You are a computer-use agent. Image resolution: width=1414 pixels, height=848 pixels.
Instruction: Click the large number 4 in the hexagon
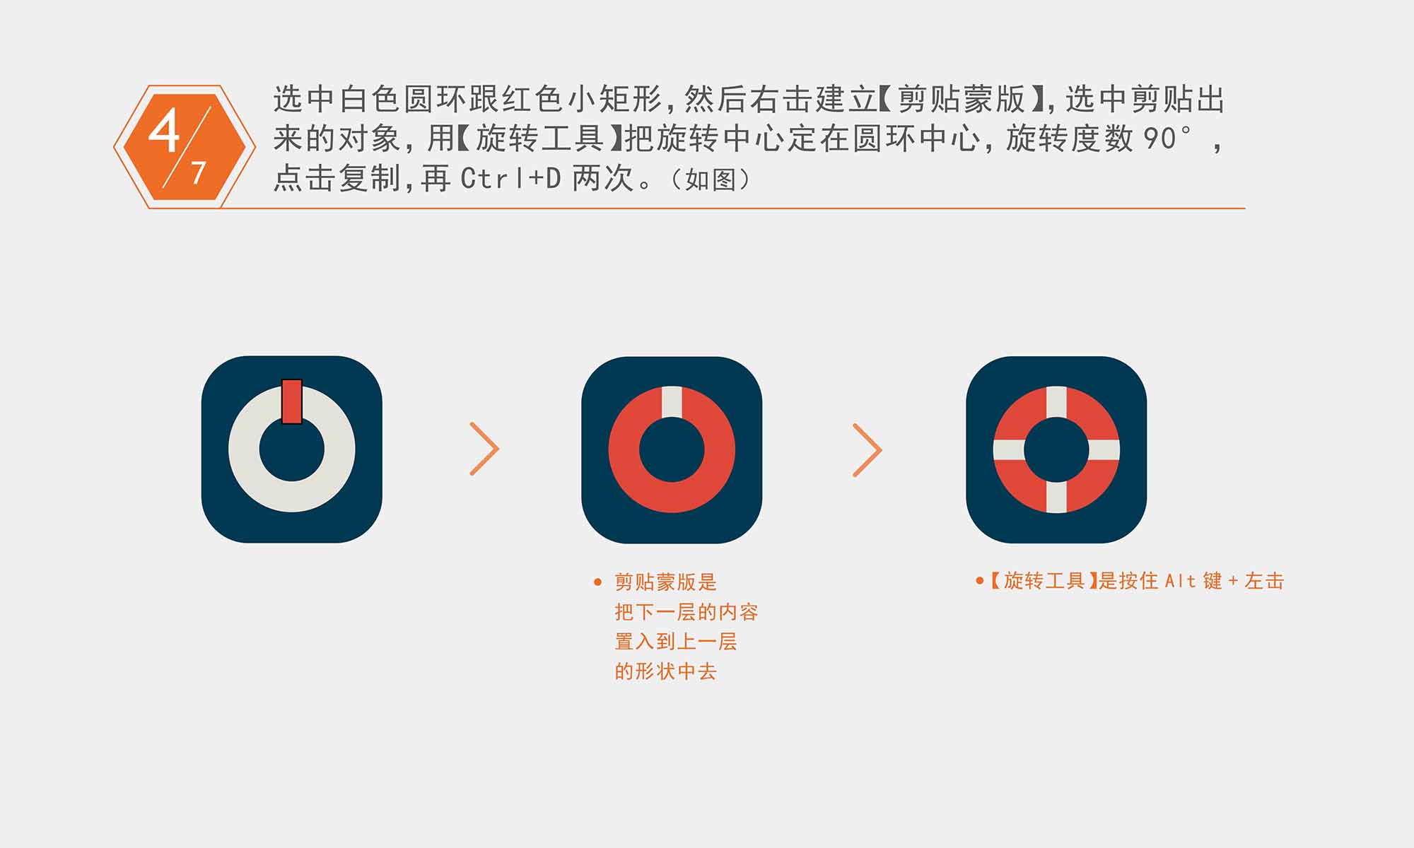coord(163,131)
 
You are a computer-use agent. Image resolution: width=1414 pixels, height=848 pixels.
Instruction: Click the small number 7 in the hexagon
coord(199,172)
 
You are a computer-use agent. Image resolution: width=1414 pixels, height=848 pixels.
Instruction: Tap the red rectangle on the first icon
coord(292,401)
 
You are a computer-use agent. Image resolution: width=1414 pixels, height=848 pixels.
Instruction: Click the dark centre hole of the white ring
coord(292,449)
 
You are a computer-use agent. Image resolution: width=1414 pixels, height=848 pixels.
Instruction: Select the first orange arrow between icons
coord(485,449)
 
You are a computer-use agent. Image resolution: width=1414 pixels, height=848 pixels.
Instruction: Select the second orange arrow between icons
coord(867,450)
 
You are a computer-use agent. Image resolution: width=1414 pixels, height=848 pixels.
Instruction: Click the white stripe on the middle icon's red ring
coord(672,402)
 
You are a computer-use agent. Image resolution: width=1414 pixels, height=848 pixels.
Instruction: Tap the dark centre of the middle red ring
coord(672,449)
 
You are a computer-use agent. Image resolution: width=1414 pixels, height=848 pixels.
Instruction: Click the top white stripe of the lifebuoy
coord(1056,402)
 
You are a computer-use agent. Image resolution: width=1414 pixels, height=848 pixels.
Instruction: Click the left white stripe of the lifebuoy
coord(1009,449)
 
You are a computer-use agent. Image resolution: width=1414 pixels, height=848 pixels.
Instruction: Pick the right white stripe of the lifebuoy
coord(1104,449)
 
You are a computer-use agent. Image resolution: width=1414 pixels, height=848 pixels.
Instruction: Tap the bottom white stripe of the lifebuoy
coord(1056,497)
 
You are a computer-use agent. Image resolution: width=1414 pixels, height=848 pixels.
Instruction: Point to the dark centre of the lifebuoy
coord(1056,449)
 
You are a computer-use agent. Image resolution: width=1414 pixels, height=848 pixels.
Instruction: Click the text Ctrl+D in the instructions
coord(510,179)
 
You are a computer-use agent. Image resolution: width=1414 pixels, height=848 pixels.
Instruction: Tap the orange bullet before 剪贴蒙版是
coord(598,582)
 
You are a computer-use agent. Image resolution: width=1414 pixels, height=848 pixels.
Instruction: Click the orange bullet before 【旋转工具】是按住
coord(980,581)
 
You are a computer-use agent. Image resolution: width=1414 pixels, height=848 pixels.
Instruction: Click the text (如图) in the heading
coord(711,179)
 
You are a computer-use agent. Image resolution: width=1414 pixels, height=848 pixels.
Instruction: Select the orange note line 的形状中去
coord(665,671)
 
